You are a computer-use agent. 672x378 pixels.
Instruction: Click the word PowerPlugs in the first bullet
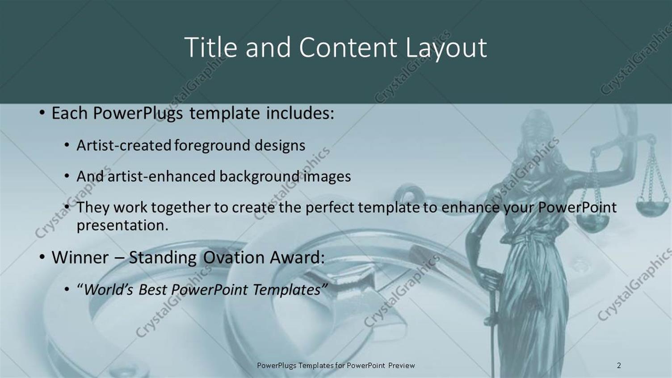click(x=138, y=113)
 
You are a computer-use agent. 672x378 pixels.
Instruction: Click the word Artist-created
click(x=124, y=145)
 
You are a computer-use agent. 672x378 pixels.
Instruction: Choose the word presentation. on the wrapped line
click(x=122, y=225)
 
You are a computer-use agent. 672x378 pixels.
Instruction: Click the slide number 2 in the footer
click(x=619, y=365)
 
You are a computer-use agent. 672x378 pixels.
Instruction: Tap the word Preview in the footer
click(x=401, y=365)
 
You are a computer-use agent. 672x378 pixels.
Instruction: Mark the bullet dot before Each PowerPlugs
click(x=42, y=113)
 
